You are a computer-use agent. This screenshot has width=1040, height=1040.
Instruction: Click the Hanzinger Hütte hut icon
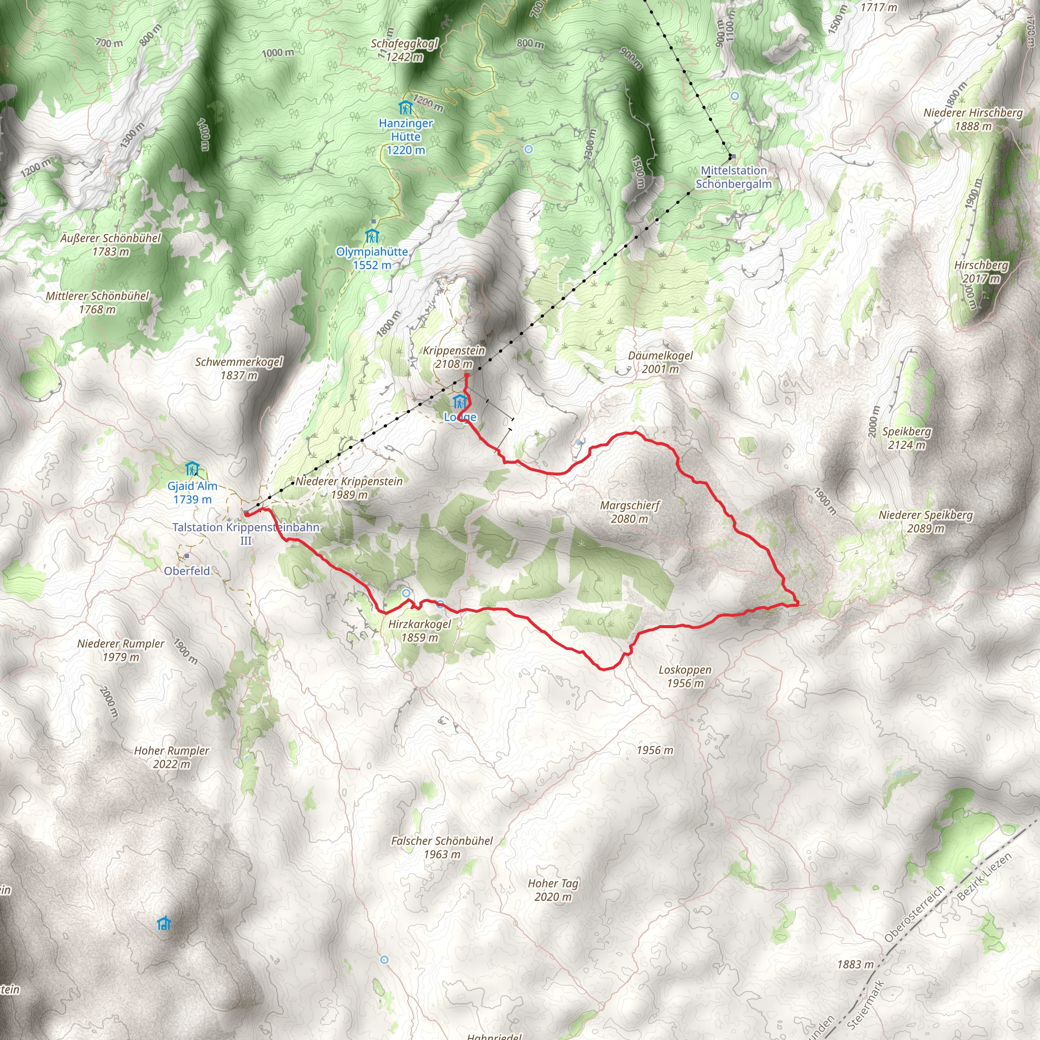(405, 108)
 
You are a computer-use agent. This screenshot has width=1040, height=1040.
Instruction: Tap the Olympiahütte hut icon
(372, 236)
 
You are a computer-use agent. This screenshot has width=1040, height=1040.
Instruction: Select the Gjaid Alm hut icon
(192, 469)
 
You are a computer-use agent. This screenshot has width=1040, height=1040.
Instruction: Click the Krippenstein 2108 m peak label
(454, 357)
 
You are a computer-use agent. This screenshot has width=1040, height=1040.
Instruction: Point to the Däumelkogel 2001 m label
(660, 362)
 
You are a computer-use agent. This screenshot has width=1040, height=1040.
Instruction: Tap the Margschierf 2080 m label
(629, 512)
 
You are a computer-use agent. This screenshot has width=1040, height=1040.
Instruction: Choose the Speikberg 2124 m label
(906, 438)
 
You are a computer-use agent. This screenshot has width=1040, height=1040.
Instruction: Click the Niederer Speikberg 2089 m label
(925, 521)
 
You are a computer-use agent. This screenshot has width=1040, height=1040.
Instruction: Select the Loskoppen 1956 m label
(685, 676)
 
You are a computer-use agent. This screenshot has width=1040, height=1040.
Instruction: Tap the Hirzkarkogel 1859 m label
(419, 630)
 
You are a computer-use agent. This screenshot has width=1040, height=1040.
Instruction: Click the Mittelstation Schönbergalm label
(733, 177)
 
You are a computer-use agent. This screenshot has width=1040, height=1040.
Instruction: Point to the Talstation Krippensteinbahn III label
(246, 534)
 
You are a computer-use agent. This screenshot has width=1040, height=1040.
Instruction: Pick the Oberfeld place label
(187, 571)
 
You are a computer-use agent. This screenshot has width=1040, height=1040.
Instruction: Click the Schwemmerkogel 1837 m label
(239, 368)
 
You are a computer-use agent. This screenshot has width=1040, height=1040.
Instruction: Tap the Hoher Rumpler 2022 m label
(171, 757)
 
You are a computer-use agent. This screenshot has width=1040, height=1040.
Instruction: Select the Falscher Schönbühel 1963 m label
(441, 848)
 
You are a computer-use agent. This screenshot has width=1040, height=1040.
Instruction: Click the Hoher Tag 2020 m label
(553, 890)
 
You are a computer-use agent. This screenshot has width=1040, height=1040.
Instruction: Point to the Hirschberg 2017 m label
(981, 271)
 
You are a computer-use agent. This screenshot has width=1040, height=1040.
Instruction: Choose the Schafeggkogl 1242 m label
(404, 50)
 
